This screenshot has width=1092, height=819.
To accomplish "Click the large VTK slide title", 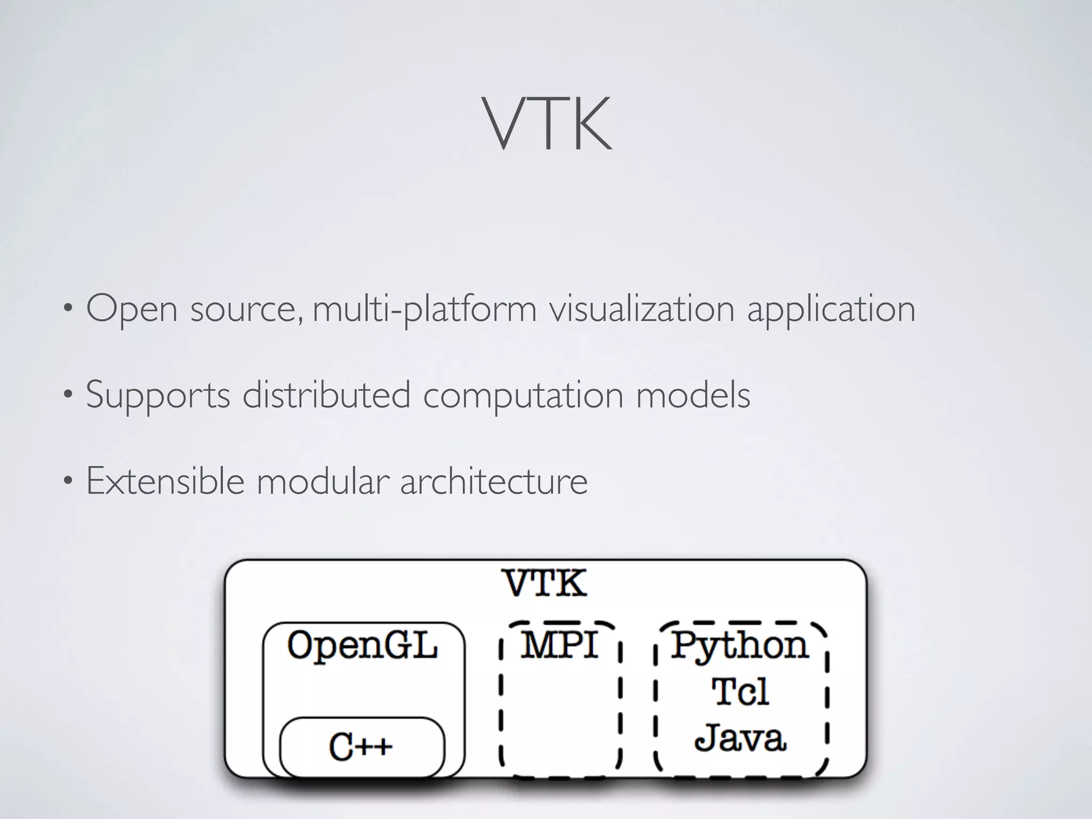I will click(547, 124).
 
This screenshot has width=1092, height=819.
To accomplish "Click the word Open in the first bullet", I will click(132, 309).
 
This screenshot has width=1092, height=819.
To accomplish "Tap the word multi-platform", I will click(424, 309).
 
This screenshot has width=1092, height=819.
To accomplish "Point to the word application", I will click(831, 309).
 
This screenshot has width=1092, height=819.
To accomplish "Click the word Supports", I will click(158, 396).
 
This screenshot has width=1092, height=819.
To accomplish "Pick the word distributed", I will click(326, 395).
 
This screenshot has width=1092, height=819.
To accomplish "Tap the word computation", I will click(523, 396).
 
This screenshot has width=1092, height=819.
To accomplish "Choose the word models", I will click(693, 395).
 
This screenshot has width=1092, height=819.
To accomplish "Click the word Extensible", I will click(165, 481).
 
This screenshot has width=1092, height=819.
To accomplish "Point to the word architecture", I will click(494, 481).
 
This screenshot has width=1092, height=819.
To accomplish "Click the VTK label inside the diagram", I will click(546, 583).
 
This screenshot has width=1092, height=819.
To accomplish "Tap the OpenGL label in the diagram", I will click(363, 646).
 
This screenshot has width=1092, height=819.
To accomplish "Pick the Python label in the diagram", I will click(740, 646).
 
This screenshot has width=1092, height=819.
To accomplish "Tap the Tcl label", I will click(740, 692).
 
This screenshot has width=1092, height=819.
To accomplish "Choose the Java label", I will click(740, 738).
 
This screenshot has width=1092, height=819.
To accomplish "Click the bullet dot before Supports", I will click(67, 396).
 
